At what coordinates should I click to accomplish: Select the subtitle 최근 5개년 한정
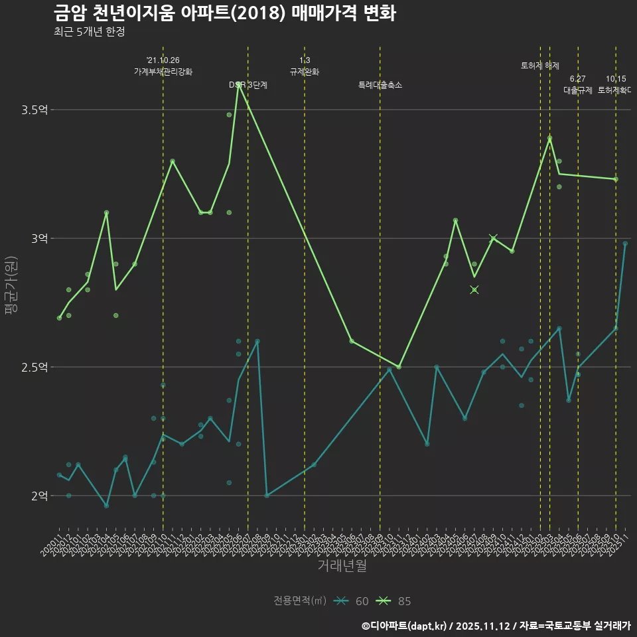point(89,32)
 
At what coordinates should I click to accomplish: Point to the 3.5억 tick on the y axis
point(35,109)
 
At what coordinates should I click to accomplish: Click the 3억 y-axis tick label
point(38,238)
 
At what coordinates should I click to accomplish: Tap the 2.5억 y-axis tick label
point(35,367)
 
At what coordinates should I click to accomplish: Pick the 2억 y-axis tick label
point(38,496)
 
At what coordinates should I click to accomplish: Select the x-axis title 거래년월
point(342,566)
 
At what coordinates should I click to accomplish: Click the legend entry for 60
point(352,601)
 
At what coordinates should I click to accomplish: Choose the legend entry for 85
point(394,601)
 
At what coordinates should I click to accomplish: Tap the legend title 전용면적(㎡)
point(300,601)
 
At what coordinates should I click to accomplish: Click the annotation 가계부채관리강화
point(163,72)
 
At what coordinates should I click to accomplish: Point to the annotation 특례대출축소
point(380,85)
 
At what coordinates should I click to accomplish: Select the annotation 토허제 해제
point(540,66)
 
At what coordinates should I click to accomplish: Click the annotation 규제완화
point(305,72)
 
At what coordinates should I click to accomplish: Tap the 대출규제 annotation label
point(577,90)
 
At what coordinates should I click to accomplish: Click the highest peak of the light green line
point(238,84)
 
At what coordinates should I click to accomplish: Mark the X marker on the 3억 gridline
point(493,238)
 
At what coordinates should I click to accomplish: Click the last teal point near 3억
point(625,244)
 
